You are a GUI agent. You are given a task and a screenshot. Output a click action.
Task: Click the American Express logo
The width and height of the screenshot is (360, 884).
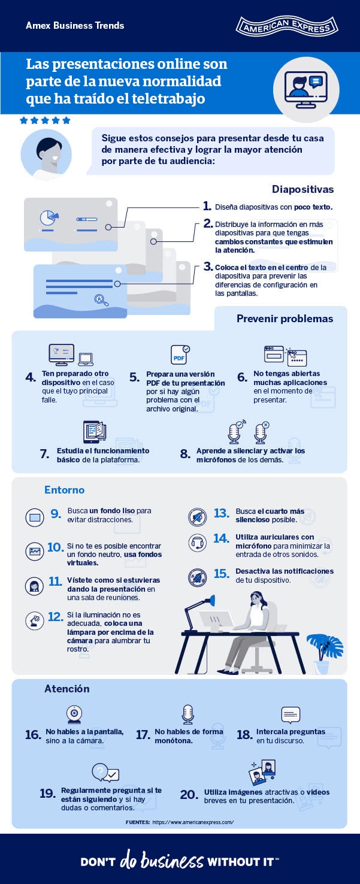pos(287,26)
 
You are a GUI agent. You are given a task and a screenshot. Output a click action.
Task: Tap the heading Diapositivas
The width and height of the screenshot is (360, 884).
pos(302,189)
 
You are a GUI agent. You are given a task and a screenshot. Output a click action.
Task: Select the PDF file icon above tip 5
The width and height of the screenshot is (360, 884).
pos(180,355)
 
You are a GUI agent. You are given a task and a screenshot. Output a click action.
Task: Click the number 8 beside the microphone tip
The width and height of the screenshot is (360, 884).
pos(184,454)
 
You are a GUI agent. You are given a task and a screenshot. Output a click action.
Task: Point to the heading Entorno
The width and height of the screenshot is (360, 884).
pos(64,490)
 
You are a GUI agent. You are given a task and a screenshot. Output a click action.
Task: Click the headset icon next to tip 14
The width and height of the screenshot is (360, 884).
pos(197,543)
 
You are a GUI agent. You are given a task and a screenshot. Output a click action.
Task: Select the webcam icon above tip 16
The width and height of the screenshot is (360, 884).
pos(74,715)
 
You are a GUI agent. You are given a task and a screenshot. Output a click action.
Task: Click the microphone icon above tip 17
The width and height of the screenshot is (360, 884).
pos(187,715)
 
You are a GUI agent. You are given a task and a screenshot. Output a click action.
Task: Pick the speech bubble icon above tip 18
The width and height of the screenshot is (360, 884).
pos(291,715)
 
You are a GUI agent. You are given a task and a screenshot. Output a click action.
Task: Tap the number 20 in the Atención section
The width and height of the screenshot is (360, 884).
pos(189,794)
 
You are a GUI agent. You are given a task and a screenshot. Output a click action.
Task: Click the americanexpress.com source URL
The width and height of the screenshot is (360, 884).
pos(193,822)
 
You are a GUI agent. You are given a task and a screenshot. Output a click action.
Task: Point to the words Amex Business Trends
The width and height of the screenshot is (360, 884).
pos(75,26)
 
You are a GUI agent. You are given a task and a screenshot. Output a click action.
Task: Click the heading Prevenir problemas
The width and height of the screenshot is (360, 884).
pos(285,319)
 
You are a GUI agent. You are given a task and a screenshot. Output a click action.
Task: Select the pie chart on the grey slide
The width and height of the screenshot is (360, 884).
pos(49,217)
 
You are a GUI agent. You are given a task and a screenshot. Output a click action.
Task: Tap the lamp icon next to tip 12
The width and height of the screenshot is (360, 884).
pos(35,620)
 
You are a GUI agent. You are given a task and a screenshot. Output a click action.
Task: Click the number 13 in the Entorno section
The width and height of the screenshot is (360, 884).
pos(222,513)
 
